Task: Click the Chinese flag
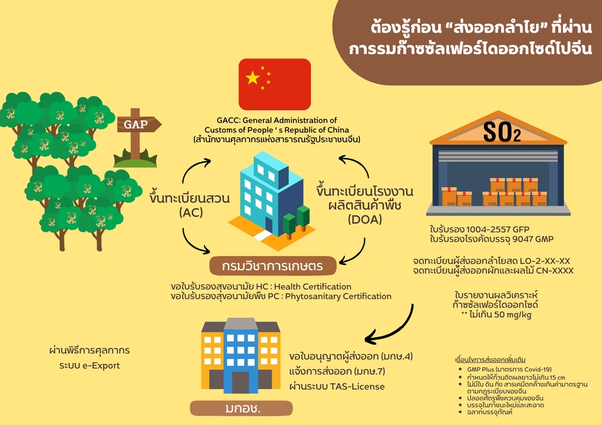tap(274, 85)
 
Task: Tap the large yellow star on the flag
tap(253, 78)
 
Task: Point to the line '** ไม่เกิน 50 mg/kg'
tap(496, 314)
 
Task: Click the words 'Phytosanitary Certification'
tap(337, 296)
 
